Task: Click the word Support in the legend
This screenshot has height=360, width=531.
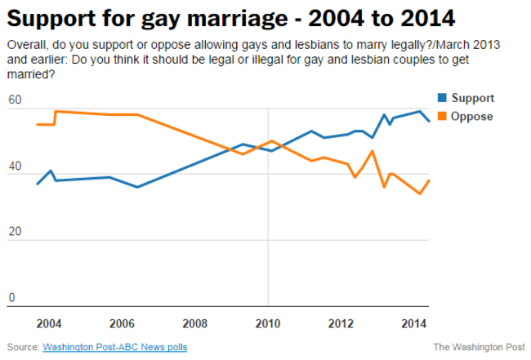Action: tap(472, 98)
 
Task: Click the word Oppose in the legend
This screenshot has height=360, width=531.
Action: tap(471, 116)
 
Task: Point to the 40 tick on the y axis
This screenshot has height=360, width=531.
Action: tap(14, 167)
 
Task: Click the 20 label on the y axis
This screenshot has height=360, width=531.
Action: tap(14, 233)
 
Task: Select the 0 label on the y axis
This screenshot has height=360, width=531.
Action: tap(11, 298)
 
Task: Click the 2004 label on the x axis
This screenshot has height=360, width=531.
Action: tap(48, 322)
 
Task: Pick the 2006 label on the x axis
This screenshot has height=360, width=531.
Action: tap(122, 322)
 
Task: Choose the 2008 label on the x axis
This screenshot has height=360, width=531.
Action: tap(195, 322)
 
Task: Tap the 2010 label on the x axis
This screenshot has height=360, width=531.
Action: tap(268, 322)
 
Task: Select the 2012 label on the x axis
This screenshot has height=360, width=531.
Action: tap(341, 322)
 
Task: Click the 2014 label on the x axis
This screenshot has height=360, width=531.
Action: tap(413, 322)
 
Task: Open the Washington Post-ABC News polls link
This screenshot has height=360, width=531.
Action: tap(114, 347)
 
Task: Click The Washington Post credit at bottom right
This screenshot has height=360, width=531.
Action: tap(479, 347)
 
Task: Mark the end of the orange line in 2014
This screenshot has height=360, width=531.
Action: tap(430, 180)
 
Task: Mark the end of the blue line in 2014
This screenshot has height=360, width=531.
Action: tap(430, 121)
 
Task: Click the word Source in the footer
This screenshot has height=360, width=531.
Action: tap(22, 347)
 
